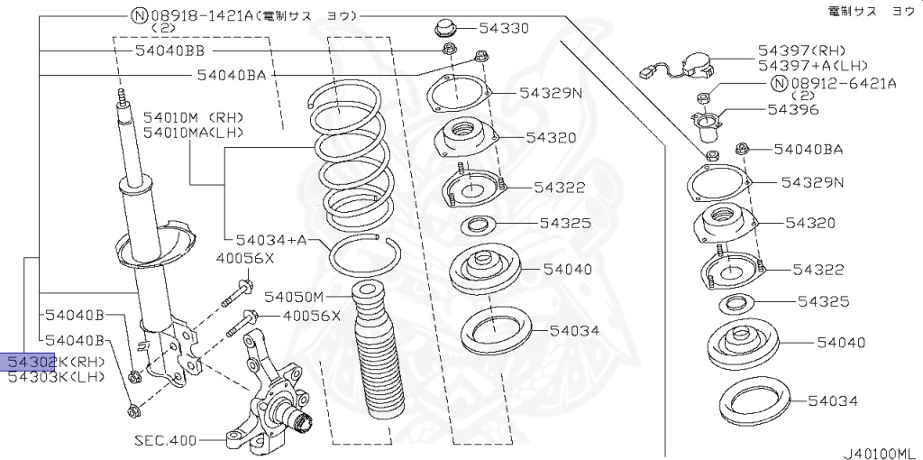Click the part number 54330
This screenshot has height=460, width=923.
504,29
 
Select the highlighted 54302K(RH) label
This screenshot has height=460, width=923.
55,362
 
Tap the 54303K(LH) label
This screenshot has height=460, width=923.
55,377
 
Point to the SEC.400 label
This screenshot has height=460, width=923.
166,441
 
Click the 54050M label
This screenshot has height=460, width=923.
294,296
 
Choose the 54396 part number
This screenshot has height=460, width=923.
792,110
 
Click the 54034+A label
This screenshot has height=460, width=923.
271,240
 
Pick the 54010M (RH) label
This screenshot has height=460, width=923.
193,117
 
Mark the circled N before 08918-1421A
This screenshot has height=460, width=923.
138,15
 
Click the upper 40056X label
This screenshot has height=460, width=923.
244,259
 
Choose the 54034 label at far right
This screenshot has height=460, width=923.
832,400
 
